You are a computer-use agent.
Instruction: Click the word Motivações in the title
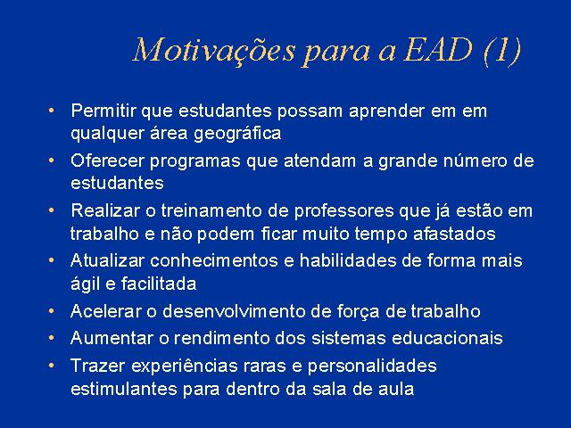click(214, 50)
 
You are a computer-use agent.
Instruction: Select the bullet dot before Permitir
click(52, 110)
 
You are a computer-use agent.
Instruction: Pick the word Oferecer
click(107, 160)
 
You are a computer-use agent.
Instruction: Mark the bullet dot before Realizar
click(52, 210)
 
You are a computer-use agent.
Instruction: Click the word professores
click(344, 211)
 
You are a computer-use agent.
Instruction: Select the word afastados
click(454, 234)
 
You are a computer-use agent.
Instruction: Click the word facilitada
click(159, 284)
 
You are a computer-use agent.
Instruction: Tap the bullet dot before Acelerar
click(52, 311)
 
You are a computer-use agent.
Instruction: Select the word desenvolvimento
click(234, 311)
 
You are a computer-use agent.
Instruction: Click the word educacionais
click(447, 338)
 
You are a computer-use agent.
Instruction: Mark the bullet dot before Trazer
click(52, 365)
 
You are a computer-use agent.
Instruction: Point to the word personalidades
click(372, 366)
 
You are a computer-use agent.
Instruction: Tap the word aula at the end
click(396, 389)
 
